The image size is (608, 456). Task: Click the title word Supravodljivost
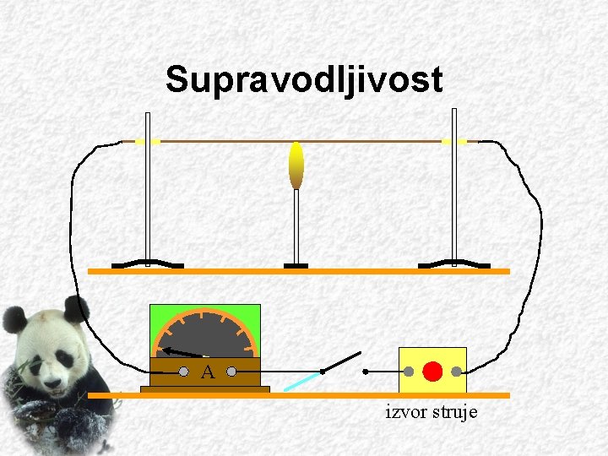click(x=304, y=79)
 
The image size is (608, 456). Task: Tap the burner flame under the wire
click(x=296, y=166)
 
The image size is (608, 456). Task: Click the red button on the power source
click(x=432, y=371)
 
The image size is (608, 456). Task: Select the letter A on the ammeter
click(x=207, y=372)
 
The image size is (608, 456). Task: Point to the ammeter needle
click(x=183, y=351)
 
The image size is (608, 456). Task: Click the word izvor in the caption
click(x=404, y=412)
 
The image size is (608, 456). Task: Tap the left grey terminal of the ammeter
click(x=183, y=371)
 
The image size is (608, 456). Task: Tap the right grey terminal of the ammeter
click(x=231, y=371)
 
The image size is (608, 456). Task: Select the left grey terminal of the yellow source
click(x=408, y=371)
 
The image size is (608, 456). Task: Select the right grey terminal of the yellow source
click(x=456, y=371)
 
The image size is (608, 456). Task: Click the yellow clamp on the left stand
click(x=148, y=141)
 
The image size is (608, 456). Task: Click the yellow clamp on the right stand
click(x=454, y=141)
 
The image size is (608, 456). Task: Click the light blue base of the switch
click(x=301, y=381)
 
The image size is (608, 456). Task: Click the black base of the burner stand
click(x=296, y=265)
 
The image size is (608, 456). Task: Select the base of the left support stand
click(x=148, y=263)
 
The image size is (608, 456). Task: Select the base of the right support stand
click(x=454, y=263)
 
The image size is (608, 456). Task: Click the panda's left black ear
click(x=14, y=319)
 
